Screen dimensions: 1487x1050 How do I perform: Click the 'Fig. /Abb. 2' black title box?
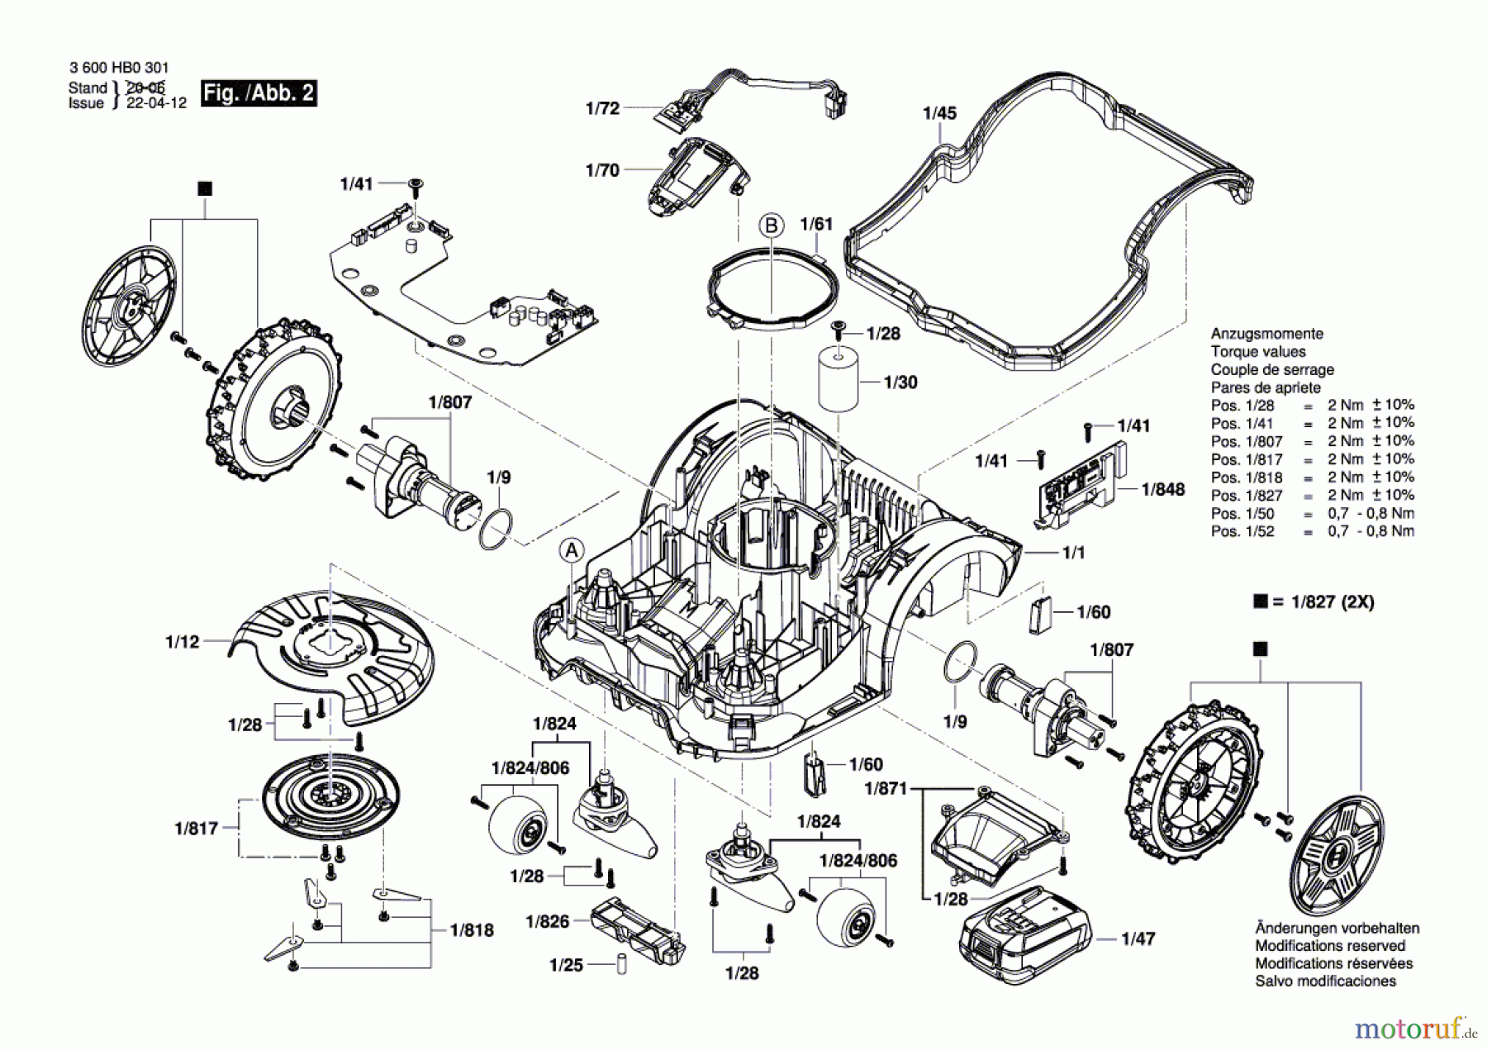[259, 93]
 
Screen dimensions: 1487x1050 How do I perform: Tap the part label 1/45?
[939, 113]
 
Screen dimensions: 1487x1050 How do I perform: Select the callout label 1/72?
[602, 108]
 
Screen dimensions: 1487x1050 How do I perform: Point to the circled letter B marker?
[772, 226]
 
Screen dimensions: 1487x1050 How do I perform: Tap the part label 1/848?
[1163, 489]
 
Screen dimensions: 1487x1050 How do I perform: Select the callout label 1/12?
[183, 642]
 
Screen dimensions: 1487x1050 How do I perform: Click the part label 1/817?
[196, 828]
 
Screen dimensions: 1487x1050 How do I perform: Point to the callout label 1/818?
[472, 930]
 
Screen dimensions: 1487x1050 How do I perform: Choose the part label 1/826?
[548, 921]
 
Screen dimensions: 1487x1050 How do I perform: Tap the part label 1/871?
[886, 788]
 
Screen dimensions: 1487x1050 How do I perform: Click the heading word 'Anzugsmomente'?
[1267, 334]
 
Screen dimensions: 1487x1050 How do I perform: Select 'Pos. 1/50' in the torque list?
[1242, 513]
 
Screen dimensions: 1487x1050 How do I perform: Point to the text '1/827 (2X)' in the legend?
[1326, 602]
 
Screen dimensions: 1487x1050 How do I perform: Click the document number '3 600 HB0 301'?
[119, 69]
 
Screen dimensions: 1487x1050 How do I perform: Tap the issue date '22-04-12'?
[156, 103]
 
